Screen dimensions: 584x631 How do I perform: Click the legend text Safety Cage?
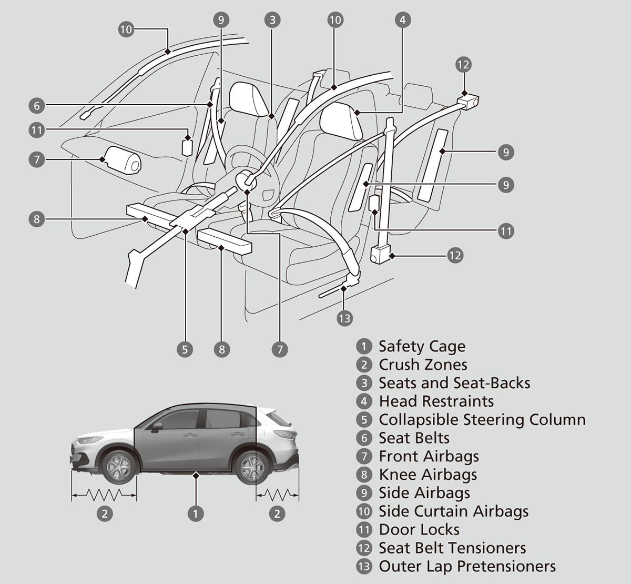422,346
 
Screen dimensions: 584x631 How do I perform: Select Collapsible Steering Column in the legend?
482,420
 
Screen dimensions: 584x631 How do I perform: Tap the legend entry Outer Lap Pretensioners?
467,567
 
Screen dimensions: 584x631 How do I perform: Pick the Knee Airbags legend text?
428,475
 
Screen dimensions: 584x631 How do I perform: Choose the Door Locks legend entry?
419,530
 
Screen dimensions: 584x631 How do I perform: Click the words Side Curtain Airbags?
453,511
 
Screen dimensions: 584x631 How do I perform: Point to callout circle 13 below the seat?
344,318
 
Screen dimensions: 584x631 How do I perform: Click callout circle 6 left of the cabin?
37,106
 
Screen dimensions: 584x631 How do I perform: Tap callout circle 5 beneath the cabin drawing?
185,349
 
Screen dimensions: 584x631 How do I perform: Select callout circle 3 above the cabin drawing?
272,20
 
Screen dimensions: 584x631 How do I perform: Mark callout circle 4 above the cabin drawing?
402,20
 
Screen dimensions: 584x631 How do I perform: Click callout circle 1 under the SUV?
196,513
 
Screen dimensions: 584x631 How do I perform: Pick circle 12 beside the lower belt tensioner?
455,256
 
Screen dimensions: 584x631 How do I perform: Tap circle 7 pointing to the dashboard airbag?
37,159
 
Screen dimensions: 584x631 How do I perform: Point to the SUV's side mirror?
156,427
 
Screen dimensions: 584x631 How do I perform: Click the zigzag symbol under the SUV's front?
104,494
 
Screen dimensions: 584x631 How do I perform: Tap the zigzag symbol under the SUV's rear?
277,494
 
